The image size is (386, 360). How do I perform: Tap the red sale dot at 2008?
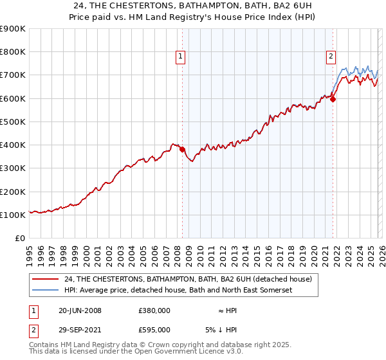pyautogui.click(x=182, y=150)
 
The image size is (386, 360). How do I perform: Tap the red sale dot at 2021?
pyautogui.click(x=333, y=99)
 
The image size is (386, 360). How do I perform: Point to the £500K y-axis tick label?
pyautogui.click(x=13, y=122)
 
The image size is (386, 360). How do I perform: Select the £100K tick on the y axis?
pyautogui.click(x=13, y=215)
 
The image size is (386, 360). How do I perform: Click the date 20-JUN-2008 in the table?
pyautogui.click(x=80, y=310)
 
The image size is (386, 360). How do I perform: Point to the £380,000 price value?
pyautogui.click(x=154, y=310)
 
